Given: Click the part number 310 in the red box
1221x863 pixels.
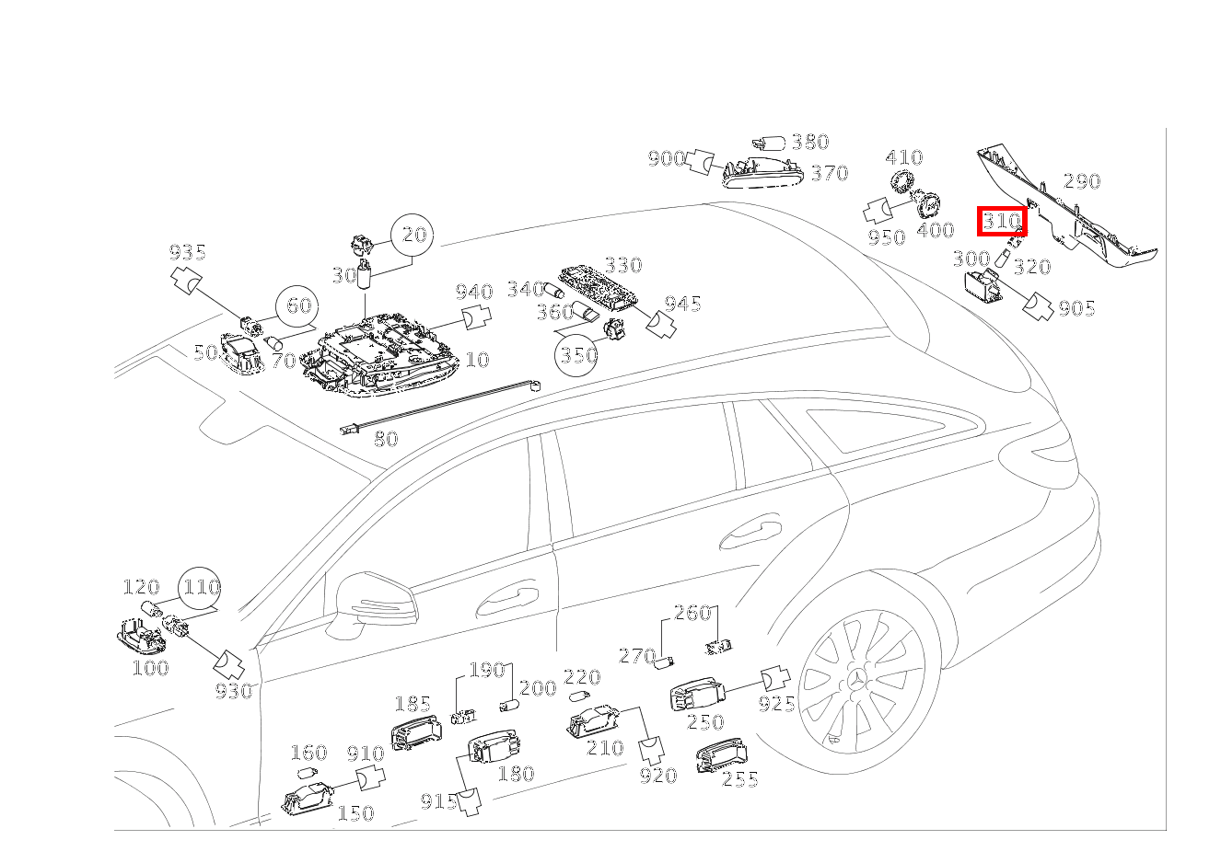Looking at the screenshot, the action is click(1001, 221).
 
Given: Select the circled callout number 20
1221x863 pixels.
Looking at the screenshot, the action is click(413, 235).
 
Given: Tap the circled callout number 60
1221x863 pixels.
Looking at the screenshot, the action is click(297, 306).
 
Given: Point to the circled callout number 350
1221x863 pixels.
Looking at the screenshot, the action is click(576, 355).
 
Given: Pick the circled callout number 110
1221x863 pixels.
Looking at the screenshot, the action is click(200, 588).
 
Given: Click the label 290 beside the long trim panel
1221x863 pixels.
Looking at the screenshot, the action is click(1082, 181).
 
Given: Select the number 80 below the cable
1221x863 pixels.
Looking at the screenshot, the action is click(386, 439).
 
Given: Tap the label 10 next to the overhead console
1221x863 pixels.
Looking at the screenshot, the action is click(478, 360).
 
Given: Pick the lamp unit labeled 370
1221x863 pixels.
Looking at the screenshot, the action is click(763, 173).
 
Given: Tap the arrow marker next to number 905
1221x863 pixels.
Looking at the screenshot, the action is click(1038, 307).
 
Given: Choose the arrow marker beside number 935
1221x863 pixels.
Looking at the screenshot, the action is click(186, 280).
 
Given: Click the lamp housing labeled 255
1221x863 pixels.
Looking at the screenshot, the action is click(722, 755).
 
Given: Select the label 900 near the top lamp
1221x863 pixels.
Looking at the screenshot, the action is click(666, 159).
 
